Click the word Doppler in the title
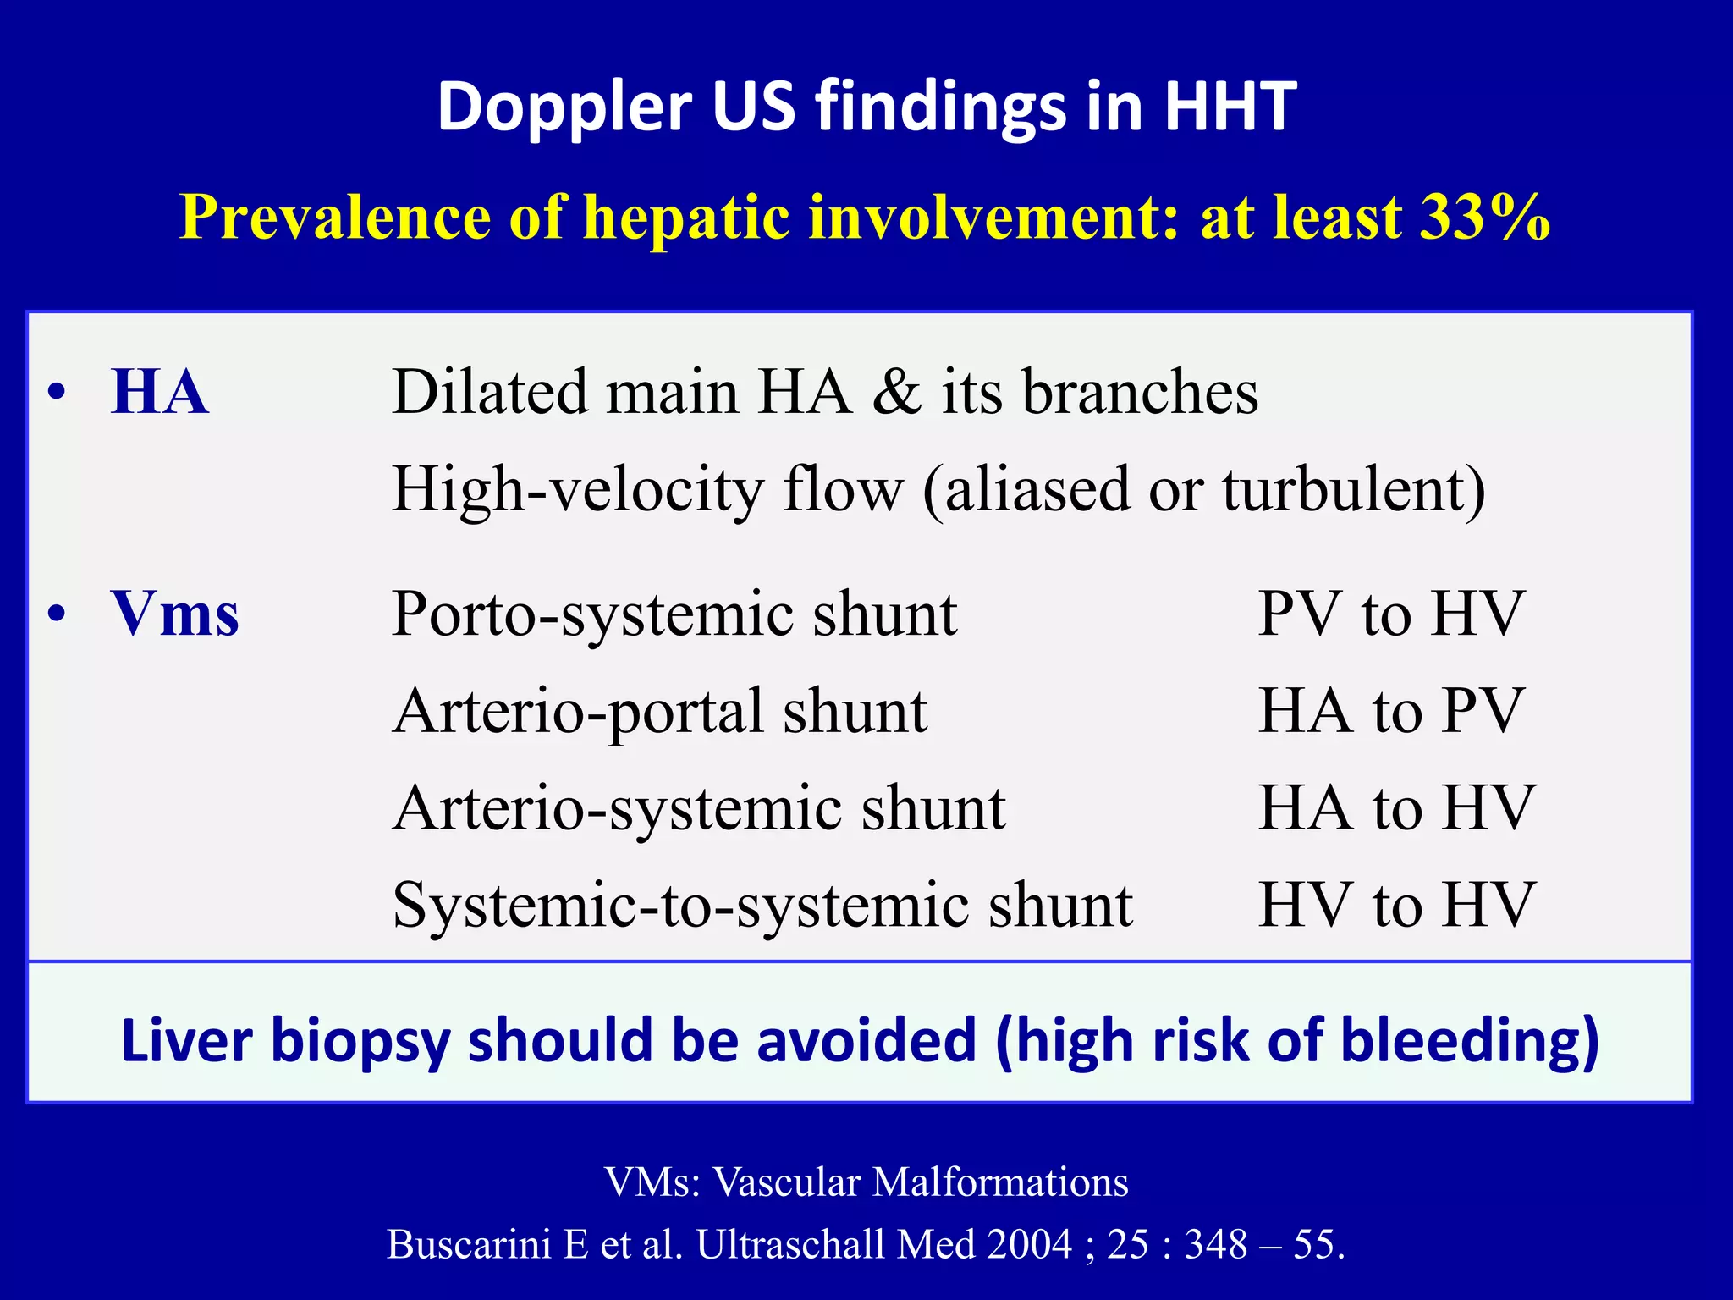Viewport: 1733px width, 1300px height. click(564, 107)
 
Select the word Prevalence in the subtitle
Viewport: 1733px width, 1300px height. click(333, 217)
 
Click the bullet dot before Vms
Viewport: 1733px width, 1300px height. click(57, 614)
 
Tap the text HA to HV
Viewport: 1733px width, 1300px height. click(1395, 807)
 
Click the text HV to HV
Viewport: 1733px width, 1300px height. click(1395, 905)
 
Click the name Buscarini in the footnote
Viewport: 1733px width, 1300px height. click(469, 1244)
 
